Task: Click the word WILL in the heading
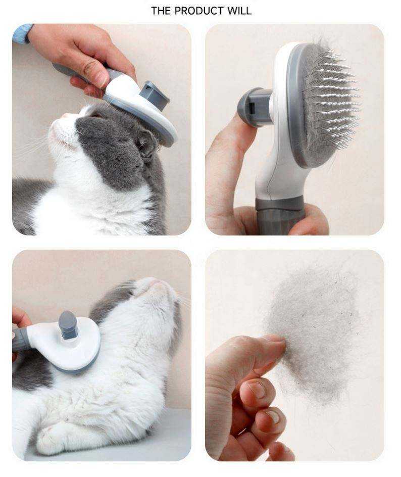tap(240, 11)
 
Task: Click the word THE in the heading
tap(161, 11)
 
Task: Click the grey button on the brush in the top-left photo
tap(155, 94)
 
